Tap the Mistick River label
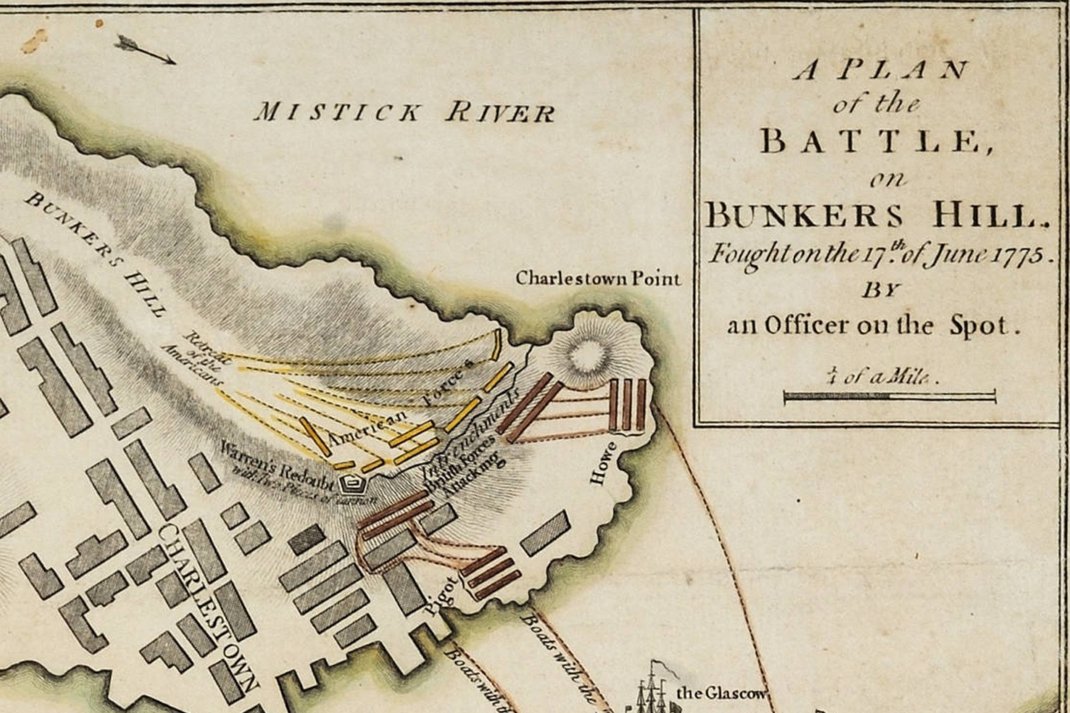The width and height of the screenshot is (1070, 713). tap(404, 112)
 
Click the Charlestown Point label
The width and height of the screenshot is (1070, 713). tap(598, 278)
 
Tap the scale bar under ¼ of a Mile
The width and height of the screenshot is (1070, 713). tap(889, 396)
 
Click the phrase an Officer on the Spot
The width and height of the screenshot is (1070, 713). tap(872, 326)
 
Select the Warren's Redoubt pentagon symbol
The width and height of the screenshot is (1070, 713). tap(353, 485)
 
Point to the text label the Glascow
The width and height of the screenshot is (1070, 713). tap(720, 693)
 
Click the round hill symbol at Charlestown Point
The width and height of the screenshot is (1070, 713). tap(588, 356)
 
